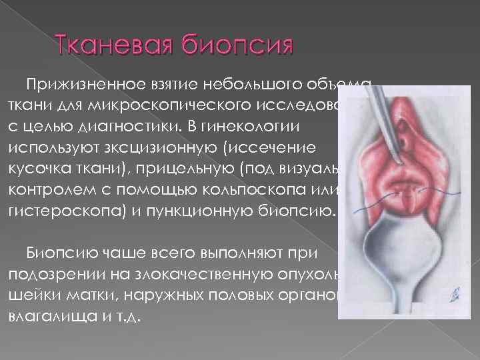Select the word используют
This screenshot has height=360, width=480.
tap(59, 147)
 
